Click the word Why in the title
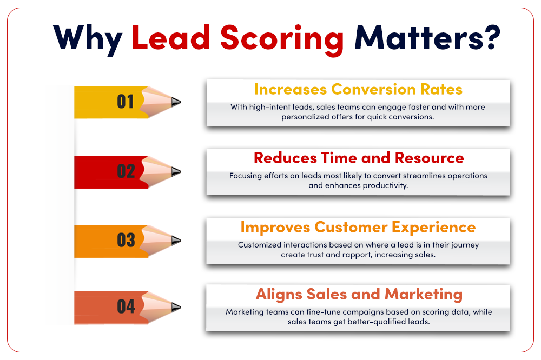point(88,39)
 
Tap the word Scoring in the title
point(282,39)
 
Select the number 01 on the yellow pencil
point(126,102)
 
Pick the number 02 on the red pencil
point(126,171)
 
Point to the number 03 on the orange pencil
point(126,240)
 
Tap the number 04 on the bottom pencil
point(126,306)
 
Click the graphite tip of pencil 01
point(176,102)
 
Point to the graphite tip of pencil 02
point(176,171)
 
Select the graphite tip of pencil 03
point(176,241)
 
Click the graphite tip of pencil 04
point(176,307)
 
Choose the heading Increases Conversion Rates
point(358,89)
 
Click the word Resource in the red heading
point(429,158)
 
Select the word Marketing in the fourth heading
point(424,295)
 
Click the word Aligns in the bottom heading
point(279,295)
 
